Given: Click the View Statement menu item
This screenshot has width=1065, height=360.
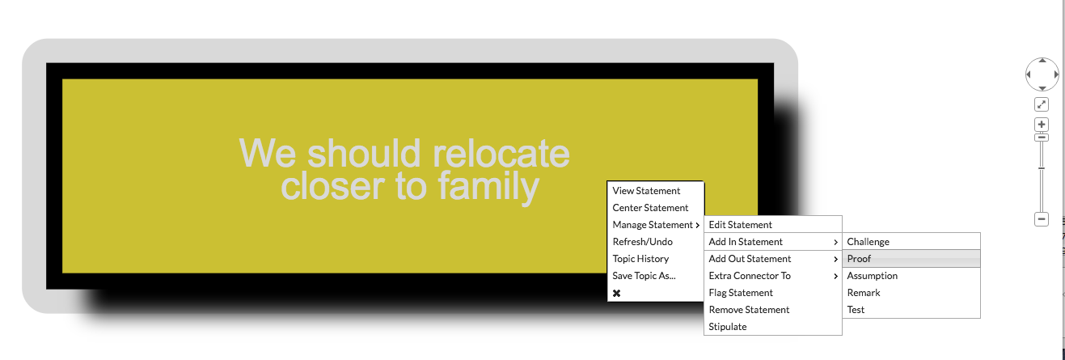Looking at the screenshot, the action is point(646,191).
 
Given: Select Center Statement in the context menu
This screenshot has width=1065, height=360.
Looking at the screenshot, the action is point(650,208).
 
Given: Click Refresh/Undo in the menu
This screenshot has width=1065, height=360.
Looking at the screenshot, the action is point(642,242).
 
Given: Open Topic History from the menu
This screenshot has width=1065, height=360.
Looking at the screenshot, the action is point(640,259).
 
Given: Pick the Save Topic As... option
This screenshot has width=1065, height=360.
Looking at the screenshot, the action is point(644,276).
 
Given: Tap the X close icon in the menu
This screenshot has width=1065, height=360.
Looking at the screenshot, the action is point(617,293).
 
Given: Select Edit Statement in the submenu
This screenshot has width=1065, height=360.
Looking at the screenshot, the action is point(740,224).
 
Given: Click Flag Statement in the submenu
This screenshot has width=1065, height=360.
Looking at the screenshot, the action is point(741,293).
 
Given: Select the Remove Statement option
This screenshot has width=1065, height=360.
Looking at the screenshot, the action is point(749,310).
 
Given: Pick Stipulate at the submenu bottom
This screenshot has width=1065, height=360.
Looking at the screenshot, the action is point(728,327).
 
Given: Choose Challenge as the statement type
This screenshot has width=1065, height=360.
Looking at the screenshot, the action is point(868,242).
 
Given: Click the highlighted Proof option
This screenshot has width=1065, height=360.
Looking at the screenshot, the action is point(859,259).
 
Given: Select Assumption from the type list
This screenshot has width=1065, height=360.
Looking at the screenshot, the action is point(872,276).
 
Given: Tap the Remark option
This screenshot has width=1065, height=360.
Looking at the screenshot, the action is point(864,293).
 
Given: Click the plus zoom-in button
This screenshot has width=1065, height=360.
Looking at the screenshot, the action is point(1042,125).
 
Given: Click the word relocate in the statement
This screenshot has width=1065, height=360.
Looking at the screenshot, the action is point(501,154).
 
